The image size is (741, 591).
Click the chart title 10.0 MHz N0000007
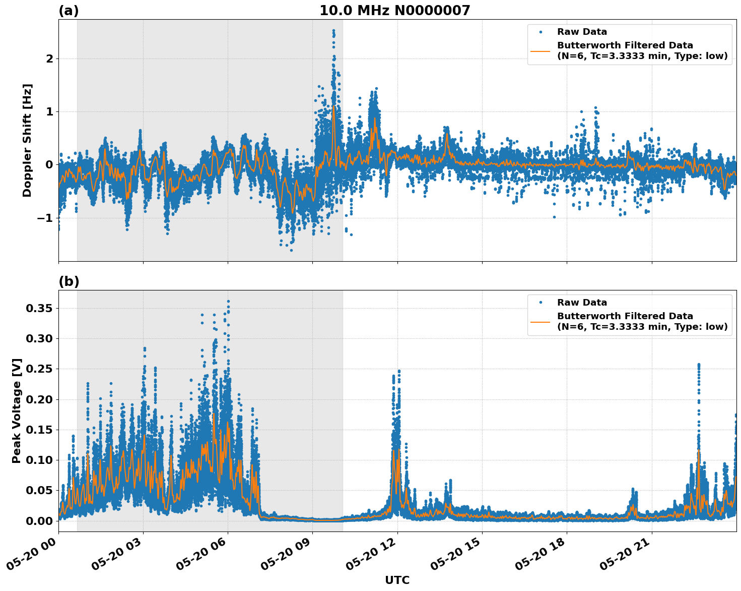tap(394, 11)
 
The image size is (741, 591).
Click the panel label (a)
tap(69, 11)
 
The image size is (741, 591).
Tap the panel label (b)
tap(69, 281)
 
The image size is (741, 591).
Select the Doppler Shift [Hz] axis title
tap(27, 140)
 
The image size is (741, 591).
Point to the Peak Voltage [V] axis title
tap(17, 410)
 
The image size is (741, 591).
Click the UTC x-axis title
tap(397, 580)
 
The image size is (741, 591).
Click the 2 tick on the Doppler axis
tap(49, 58)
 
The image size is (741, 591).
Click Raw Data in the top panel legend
tap(582, 32)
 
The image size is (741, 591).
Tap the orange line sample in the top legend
tap(540, 50)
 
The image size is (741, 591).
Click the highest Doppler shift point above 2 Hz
tap(333, 30)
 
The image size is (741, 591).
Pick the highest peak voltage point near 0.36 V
tap(228, 302)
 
